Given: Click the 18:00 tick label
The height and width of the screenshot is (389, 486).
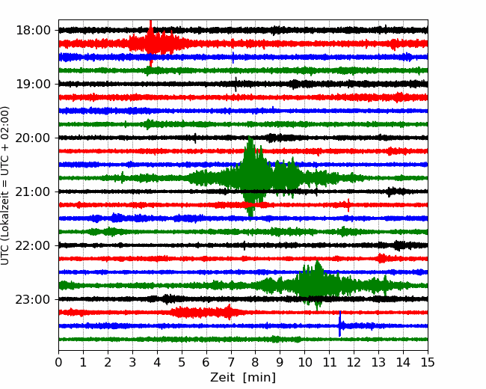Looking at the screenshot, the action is (33, 31).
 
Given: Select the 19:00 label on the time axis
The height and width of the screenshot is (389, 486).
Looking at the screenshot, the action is (33, 84).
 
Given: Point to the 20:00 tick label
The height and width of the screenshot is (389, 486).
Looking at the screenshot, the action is (33, 138).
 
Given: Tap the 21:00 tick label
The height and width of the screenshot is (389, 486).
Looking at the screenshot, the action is (33, 192).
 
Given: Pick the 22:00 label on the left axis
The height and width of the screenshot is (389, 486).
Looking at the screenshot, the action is (33, 245).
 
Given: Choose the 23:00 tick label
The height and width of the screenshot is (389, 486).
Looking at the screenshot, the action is (33, 299).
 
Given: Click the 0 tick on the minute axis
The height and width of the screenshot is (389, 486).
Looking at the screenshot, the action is (58, 362).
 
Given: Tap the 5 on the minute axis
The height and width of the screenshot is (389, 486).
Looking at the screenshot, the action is (182, 362).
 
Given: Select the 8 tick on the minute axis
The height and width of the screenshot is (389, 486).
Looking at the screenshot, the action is (256, 362).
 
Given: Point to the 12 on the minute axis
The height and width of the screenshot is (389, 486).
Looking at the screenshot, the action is (354, 362).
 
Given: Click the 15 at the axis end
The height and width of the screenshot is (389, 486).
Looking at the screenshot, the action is (428, 362).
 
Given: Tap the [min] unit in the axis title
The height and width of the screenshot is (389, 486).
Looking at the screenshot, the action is (259, 378).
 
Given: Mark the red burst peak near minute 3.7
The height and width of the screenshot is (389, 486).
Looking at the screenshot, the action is (151, 43).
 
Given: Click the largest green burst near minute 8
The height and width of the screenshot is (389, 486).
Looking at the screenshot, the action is (251, 177).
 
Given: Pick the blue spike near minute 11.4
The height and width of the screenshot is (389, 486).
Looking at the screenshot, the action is (340, 324).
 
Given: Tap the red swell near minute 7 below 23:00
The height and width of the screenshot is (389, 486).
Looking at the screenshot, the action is (229, 312).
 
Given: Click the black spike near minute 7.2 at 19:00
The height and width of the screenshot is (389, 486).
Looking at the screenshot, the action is (236, 85).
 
